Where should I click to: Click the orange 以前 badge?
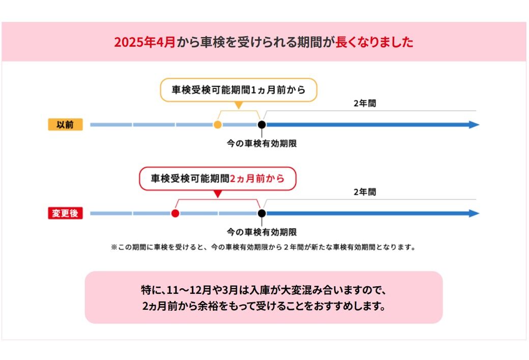pyautogui.click(x=65, y=125)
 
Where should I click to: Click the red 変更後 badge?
pyautogui.click(x=65, y=214)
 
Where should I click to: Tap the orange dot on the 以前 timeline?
pyautogui.click(x=218, y=125)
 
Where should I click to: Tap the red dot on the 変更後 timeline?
pyautogui.click(x=175, y=214)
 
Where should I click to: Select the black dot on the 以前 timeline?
pyautogui.click(x=261, y=125)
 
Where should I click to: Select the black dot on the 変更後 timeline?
pyautogui.click(x=261, y=214)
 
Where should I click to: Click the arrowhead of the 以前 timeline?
pyautogui.click(x=474, y=125)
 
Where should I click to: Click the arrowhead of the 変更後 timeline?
pyautogui.click(x=474, y=214)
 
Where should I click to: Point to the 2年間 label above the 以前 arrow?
pyautogui.click(x=365, y=103)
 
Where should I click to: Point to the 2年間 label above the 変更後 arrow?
pyautogui.click(x=365, y=192)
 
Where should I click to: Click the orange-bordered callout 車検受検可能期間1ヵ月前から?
pyautogui.click(x=239, y=91)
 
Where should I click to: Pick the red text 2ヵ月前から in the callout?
pyautogui.click(x=257, y=179)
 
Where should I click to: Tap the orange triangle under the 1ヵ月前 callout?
pyautogui.click(x=238, y=105)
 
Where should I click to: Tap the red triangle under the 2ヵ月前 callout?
pyautogui.click(x=218, y=194)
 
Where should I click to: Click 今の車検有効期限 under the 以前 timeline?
pyautogui.click(x=261, y=144)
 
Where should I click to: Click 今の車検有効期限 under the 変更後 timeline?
pyautogui.click(x=261, y=233)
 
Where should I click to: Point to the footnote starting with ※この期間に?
pyautogui.click(x=263, y=248)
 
